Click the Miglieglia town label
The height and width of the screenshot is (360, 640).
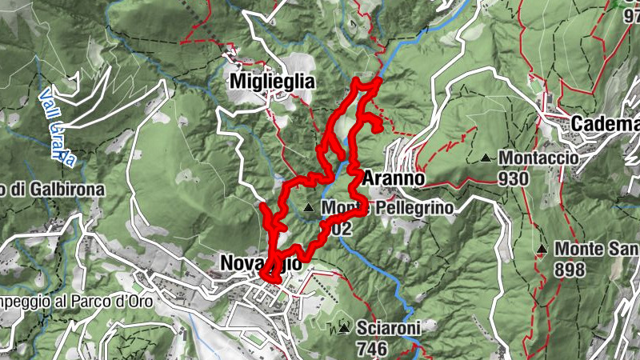point(271,82)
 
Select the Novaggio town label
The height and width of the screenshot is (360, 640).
point(261,263)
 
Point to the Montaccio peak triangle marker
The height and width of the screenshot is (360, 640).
point(485,158)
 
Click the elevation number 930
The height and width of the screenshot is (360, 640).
point(512,178)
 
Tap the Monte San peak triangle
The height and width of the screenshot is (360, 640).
point(542,250)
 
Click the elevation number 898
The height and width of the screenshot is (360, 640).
point(570,270)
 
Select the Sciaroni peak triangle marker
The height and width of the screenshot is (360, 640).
point(344,328)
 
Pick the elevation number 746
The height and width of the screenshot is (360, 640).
point(372,348)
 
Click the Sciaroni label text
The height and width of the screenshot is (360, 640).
point(389,328)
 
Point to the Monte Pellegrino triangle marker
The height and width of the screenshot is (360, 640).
point(309,208)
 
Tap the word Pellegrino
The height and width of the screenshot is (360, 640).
point(411,208)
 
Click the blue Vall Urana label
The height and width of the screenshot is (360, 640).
point(58,128)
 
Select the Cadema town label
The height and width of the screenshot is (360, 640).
point(605,125)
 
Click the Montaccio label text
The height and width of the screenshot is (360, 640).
point(538,158)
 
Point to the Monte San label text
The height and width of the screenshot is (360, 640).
point(596,249)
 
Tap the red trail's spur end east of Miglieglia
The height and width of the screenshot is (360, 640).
point(376,127)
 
